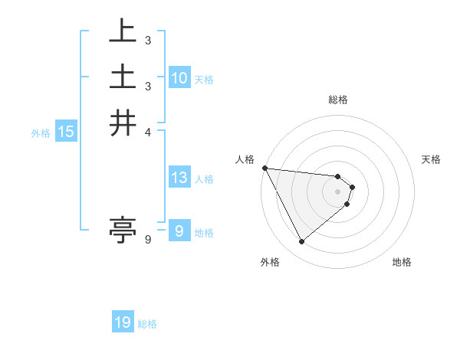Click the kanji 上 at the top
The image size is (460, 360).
(x=123, y=34)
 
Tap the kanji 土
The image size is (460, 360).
(x=123, y=78)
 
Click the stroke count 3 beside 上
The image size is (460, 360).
(x=147, y=40)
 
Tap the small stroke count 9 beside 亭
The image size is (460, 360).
(x=147, y=240)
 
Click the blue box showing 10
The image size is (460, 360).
(x=179, y=78)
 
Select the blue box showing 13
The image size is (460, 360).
(x=179, y=178)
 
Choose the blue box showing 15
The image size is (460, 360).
(x=66, y=133)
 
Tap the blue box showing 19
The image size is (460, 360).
(x=123, y=323)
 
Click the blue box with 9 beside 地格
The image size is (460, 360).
(x=179, y=231)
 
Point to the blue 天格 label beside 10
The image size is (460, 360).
(x=204, y=79)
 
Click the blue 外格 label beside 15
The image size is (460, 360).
(x=41, y=133)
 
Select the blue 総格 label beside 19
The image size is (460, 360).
(x=147, y=324)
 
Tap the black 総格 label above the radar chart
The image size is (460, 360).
(x=338, y=100)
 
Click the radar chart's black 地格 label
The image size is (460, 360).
(x=402, y=263)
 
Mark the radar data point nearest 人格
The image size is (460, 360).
(x=264, y=168)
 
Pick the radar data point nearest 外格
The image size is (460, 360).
(x=301, y=242)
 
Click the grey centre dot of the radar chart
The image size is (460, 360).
(x=337, y=191)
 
